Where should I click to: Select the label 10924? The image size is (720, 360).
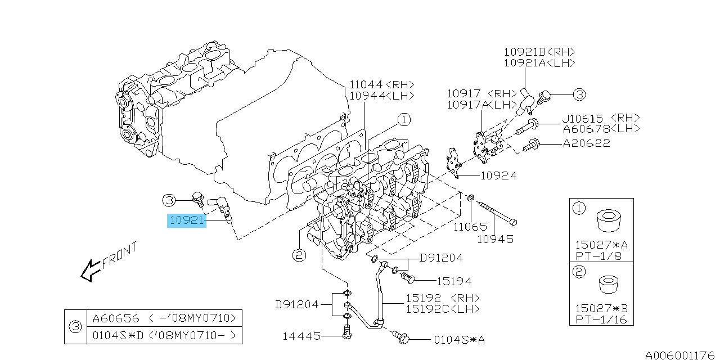(x=498, y=175)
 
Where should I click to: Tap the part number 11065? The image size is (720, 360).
(x=471, y=227)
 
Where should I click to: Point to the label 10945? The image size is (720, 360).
(x=495, y=239)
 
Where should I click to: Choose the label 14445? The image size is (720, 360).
(x=302, y=337)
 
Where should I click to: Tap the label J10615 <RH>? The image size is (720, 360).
(x=601, y=118)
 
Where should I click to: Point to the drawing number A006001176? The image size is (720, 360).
(x=679, y=355)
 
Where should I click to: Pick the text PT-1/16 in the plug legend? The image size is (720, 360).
(x=601, y=320)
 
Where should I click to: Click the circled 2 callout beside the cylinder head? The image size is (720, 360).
(x=298, y=256)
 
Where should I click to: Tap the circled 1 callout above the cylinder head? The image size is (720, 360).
(x=404, y=120)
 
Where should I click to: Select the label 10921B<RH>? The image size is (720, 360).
(x=539, y=52)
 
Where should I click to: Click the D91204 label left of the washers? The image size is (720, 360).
(x=296, y=305)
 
